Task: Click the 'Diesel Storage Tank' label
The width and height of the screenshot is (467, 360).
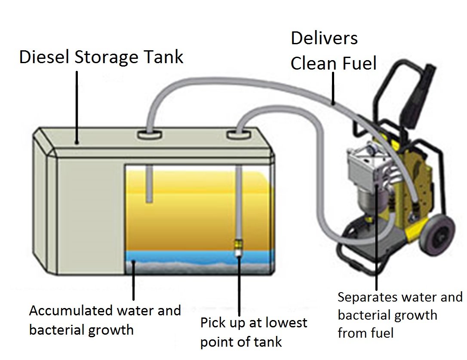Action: [101, 57]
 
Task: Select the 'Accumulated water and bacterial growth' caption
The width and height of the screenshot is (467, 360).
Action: [105, 320]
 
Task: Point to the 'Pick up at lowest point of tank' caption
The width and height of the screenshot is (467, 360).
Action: [254, 332]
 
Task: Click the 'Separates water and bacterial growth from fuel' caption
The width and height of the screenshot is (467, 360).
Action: [399, 314]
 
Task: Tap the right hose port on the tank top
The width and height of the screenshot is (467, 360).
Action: [238, 135]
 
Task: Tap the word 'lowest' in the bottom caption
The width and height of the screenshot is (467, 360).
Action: [281, 322]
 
